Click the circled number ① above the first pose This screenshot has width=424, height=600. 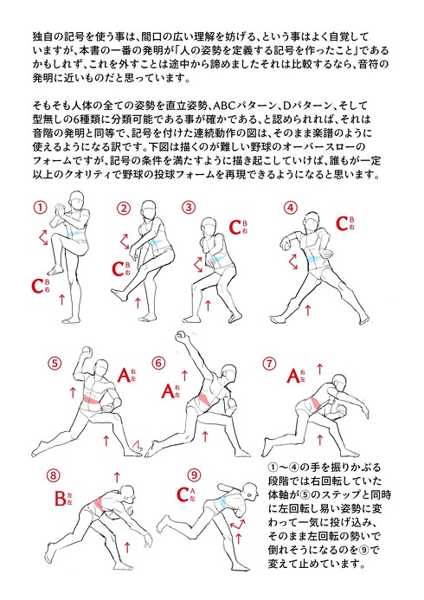tap(39, 208)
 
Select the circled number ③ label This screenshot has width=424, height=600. tap(189, 208)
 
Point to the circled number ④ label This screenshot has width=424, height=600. tap(291, 208)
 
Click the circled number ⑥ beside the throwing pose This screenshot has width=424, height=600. tap(158, 363)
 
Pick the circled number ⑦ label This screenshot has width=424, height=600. tap(270, 363)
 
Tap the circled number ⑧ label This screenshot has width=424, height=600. tap(54, 475)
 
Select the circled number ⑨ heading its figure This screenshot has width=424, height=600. tap(194, 474)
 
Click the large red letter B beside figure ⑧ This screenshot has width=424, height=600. tap(61, 498)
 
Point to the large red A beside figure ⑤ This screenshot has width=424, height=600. tap(124, 375)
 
